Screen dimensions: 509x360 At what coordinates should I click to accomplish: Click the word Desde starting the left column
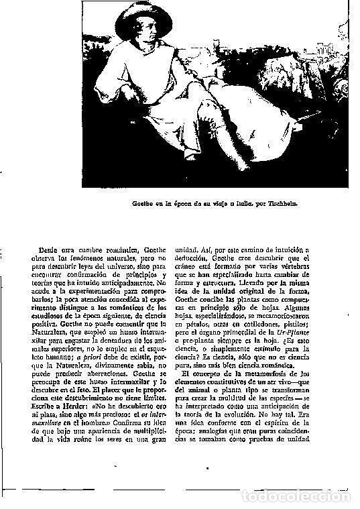[x=49, y=251]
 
